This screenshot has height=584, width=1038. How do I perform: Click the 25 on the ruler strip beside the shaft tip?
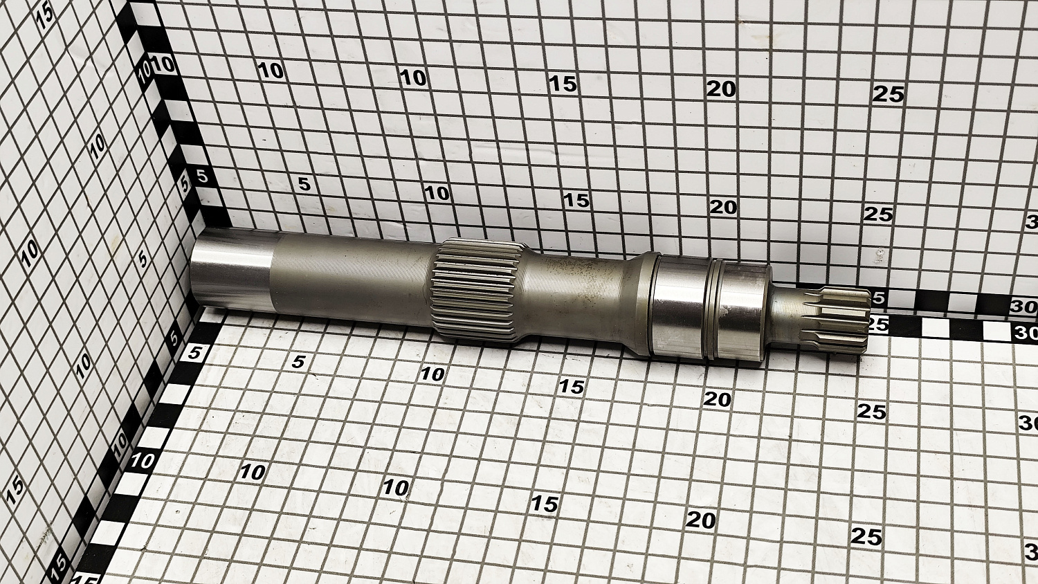click(877, 325)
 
